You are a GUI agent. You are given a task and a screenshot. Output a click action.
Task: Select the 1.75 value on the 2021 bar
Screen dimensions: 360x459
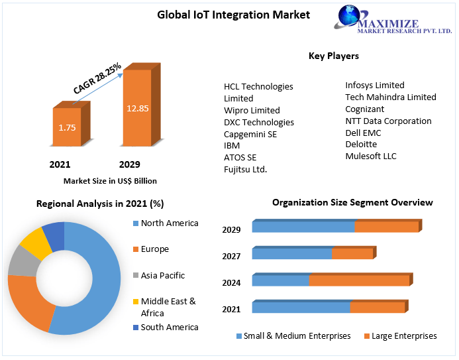pyautogui.click(x=67, y=127)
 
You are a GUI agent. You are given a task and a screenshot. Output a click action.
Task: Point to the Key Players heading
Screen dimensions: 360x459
pyautogui.click(x=334, y=56)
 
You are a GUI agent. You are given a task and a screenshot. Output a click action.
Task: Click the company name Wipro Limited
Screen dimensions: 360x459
pyautogui.click(x=252, y=110)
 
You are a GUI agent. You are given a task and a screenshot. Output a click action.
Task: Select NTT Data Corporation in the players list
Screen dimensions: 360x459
pyautogui.click(x=388, y=121)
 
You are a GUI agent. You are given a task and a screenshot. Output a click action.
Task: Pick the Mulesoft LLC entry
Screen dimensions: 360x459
pyautogui.click(x=371, y=156)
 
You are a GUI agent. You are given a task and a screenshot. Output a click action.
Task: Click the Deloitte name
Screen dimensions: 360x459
pyautogui.click(x=361, y=144)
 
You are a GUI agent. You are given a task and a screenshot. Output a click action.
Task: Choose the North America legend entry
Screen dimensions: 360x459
pyautogui.click(x=170, y=223)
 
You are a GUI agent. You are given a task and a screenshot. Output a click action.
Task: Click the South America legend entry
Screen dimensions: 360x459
pyautogui.click(x=170, y=327)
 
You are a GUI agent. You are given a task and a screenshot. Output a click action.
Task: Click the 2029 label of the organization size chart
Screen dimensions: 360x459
pyautogui.click(x=231, y=230)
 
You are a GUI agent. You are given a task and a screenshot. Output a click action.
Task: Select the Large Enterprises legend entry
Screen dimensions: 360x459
pyautogui.click(x=404, y=336)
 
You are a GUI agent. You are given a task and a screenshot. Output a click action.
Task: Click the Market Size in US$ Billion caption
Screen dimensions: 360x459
pyautogui.click(x=110, y=180)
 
